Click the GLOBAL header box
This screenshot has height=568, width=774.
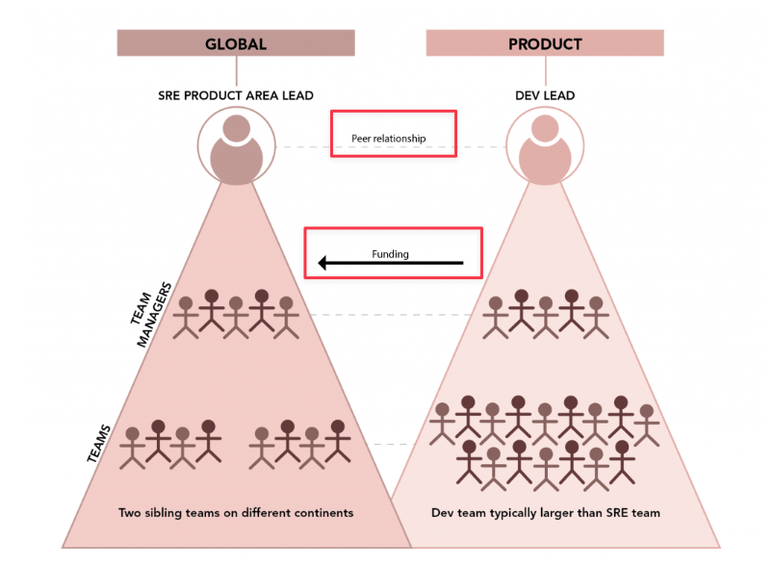pyautogui.click(x=236, y=43)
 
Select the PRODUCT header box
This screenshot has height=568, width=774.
pyautogui.click(x=545, y=43)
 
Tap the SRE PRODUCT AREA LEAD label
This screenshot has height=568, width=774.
pyautogui.click(x=236, y=95)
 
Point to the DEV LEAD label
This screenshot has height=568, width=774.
pyautogui.click(x=545, y=95)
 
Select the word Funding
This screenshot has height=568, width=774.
pyautogui.click(x=391, y=254)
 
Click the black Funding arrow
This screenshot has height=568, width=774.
pyautogui.click(x=391, y=263)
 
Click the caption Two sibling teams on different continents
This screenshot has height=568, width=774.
pyautogui.click(x=236, y=513)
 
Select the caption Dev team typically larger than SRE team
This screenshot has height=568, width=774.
pyautogui.click(x=546, y=513)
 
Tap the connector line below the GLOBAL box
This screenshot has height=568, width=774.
pyautogui.click(x=236, y=70)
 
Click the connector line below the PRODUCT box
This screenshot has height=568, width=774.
pyautogui.click(x=545, y=70)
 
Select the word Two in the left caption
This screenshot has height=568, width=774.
pyautogui.click(x=130, y=513)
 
